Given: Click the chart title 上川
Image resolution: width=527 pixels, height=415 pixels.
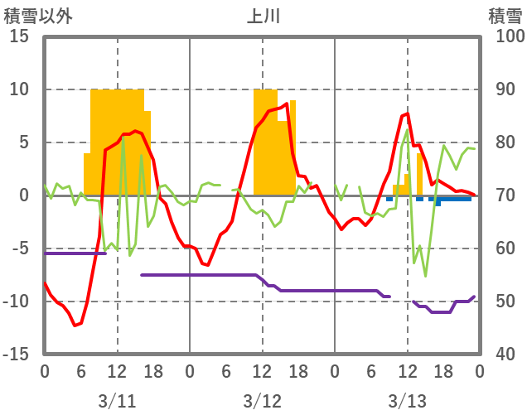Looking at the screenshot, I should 263,15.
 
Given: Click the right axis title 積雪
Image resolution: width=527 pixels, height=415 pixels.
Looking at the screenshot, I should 505,15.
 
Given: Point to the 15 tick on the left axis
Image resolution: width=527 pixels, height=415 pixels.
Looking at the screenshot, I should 20,36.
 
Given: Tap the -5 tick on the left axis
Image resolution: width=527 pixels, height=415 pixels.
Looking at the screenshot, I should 20,249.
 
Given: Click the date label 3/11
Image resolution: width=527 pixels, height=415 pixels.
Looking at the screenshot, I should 117,401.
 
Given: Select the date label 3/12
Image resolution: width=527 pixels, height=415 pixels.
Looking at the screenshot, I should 262,401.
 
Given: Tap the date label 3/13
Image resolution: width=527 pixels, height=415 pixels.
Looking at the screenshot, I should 407,401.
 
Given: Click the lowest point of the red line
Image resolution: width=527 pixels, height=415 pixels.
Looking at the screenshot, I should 75,326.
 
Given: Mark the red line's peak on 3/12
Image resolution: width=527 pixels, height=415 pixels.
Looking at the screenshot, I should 287,104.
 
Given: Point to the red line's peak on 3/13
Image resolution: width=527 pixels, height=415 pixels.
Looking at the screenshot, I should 407,113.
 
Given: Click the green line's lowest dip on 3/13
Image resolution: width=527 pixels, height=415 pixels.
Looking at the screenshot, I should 425,276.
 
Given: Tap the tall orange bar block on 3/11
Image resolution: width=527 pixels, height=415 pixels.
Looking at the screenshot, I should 117,141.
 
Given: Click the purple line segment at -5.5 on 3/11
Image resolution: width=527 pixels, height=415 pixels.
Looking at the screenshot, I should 75,253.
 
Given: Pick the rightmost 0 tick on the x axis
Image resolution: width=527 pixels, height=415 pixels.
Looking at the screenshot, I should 479,371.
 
